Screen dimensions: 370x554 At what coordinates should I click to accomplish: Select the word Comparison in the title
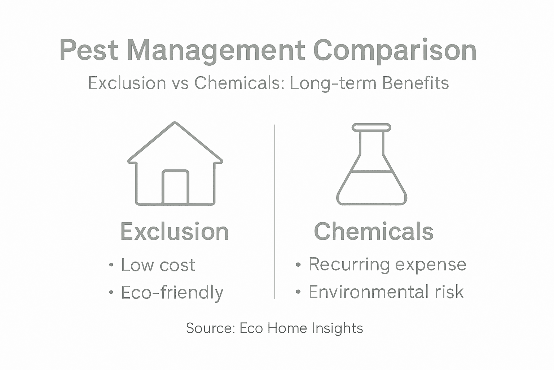(x=395, y=51)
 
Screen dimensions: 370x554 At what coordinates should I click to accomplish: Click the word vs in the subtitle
(x=180, y=83)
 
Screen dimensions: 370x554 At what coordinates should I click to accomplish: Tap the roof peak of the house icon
(x=175, y=124)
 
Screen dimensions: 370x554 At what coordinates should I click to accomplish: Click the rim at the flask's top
(x=371, y=127)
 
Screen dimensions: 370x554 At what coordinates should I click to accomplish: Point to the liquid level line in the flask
(x=371, y=171)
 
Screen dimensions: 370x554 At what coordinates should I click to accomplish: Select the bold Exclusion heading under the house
(x=175, y=232)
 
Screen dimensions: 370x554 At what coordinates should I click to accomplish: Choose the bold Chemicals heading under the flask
(x=374, y=231)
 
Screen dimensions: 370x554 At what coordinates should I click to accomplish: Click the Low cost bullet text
(x=158, y=265)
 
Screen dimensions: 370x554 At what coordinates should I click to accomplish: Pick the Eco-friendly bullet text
(x=172, y=293)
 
